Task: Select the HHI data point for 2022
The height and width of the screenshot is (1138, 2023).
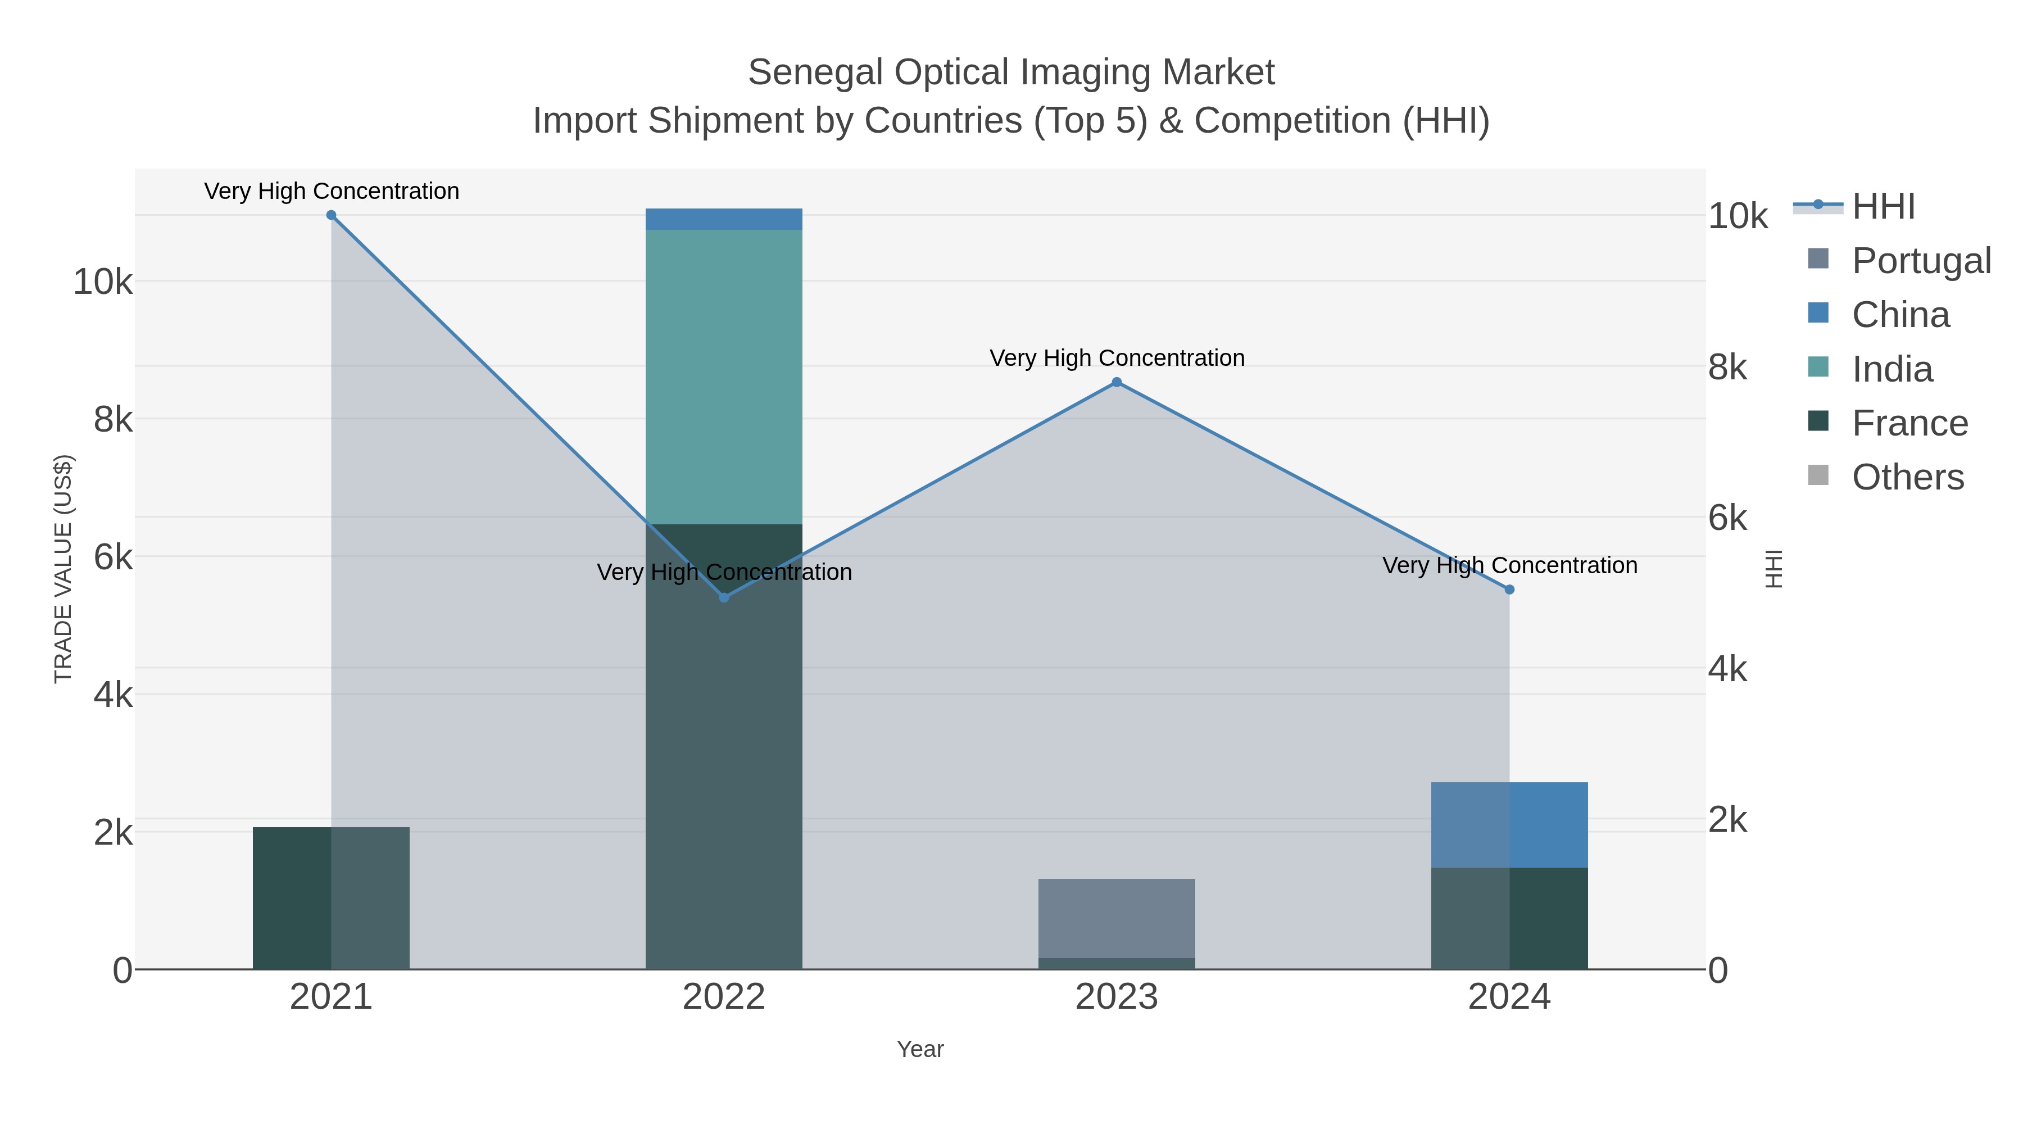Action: pos(724,598)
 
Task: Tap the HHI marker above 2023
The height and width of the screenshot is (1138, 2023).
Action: pos(1117,383)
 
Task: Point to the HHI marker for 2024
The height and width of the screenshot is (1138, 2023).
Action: pos(1509,590)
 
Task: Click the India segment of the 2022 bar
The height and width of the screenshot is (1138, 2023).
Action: pos(724,377)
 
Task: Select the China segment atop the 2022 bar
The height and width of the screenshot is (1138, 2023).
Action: pos(724,219)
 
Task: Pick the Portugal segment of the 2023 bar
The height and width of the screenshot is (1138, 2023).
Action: pos(1117,917)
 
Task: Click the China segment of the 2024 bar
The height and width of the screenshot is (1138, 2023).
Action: pos(1509,824)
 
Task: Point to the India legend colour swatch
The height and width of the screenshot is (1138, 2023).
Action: pos(1818,367)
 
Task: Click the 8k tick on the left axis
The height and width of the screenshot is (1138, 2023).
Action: pos(113,420)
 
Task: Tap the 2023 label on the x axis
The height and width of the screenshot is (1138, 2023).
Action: pos(1117,998)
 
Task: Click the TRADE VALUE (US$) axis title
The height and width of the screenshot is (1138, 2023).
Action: pos(63,569)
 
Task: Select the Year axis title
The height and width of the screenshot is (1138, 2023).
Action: pos(920,1049)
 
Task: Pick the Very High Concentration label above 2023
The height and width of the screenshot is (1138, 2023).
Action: pos(1117,358)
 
